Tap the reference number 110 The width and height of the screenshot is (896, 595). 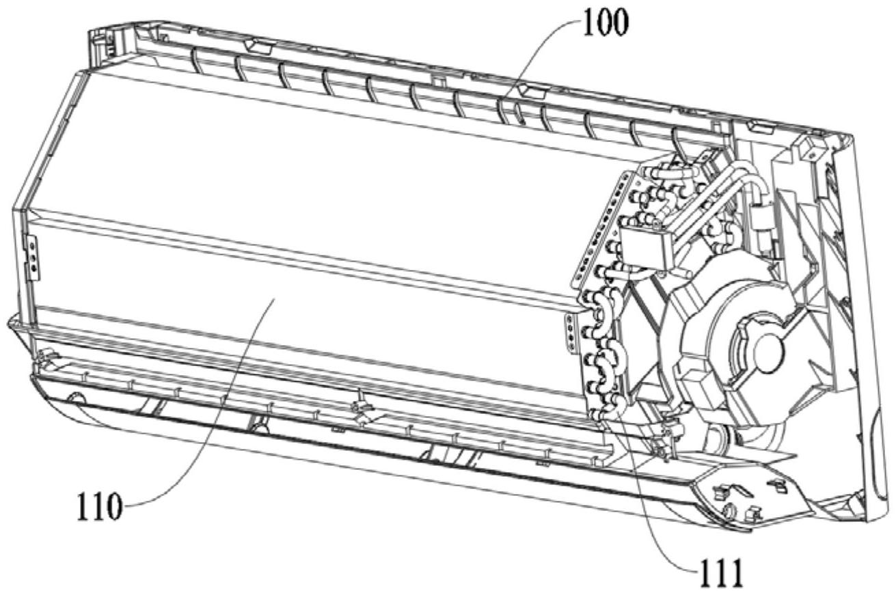(99, 506)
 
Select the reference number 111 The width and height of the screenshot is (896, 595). (720, 573)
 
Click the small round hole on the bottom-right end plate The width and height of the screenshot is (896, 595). (728, 510)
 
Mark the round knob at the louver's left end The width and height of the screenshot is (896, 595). (75, 398)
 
